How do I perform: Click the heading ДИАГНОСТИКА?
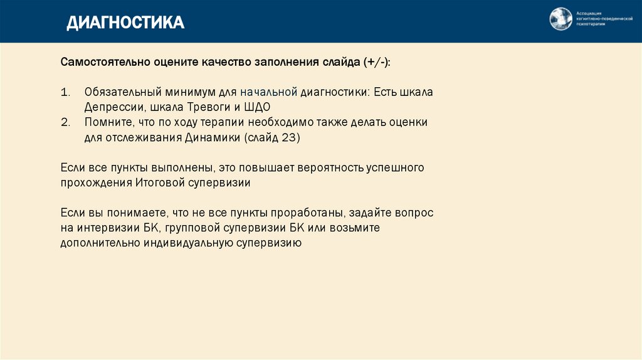coord(125,23)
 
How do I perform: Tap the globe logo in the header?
coord(561,19)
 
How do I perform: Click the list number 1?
coord(65,92)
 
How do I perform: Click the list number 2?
coord(65,122)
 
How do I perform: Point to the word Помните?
coord(107,122)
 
